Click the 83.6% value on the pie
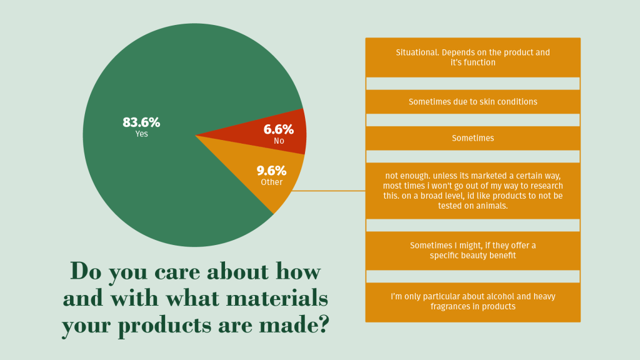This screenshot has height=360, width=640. (x=141, y=122)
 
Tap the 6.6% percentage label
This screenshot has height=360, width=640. (x=278, y=129)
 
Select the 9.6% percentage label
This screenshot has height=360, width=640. (x=271, y=171)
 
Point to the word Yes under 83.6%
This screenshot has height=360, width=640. (x=141, y=134)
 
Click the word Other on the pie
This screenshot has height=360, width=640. (x=271, y=182)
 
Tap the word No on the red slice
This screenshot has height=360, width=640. (x=279, y=141)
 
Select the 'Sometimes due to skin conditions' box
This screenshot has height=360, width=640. (x=472, y=101)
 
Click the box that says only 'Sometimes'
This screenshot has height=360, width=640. (x=472, y=138)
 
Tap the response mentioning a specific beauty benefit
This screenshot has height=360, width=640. (x=472, y=251)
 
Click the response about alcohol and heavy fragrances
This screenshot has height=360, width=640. (x=472, y=301)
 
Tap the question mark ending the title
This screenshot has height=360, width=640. (x=322, y=326)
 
